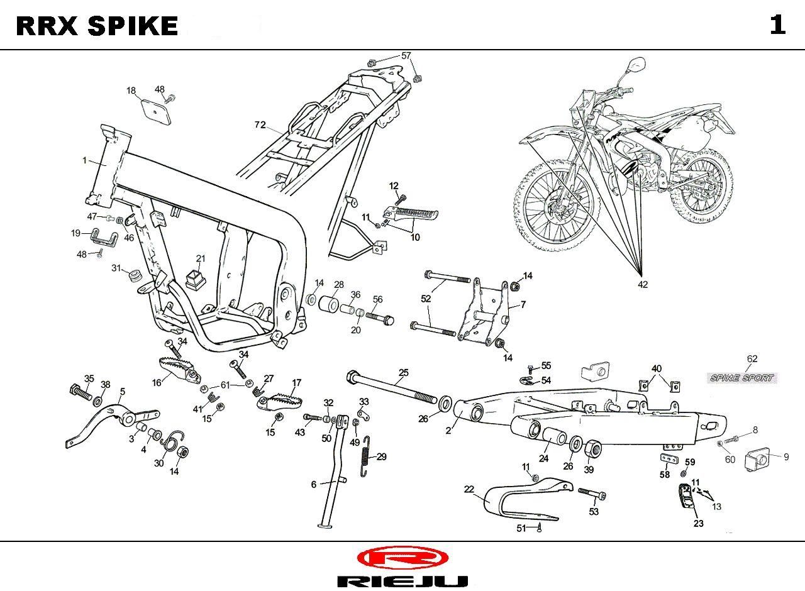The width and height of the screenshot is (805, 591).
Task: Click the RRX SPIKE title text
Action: (97, 26)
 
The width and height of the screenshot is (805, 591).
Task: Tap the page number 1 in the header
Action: (777, 25)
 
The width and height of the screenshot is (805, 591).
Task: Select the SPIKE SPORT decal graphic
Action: (742, 378)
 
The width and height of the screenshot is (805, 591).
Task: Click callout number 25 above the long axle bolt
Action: (403, 373)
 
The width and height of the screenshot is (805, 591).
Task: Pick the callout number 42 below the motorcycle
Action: (643, 284)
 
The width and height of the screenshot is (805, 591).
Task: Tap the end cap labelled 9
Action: (758, 460)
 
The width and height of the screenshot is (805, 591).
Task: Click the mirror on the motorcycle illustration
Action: (635, 65)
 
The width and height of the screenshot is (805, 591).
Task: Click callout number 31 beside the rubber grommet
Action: (116, 268)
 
